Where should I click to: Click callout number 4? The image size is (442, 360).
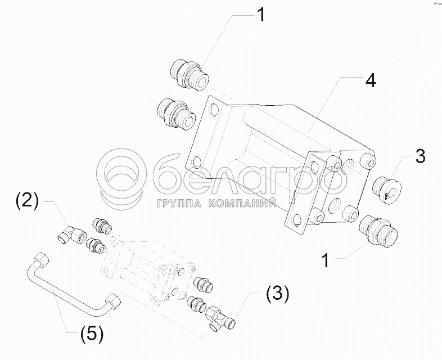click(371, 80)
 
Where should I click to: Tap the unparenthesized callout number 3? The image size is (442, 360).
click(420, 156)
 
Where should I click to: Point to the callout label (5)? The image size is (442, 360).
click(92, 335)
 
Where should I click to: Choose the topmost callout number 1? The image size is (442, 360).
click(261, 15)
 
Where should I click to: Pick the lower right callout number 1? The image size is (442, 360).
click(326, 260)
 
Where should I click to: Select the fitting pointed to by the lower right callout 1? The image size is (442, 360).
click(378, 231)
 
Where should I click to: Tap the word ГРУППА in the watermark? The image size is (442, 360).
click(179, 203)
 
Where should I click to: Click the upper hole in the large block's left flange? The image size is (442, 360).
click(214, 110)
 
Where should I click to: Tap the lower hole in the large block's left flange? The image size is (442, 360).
click(196, 163)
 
